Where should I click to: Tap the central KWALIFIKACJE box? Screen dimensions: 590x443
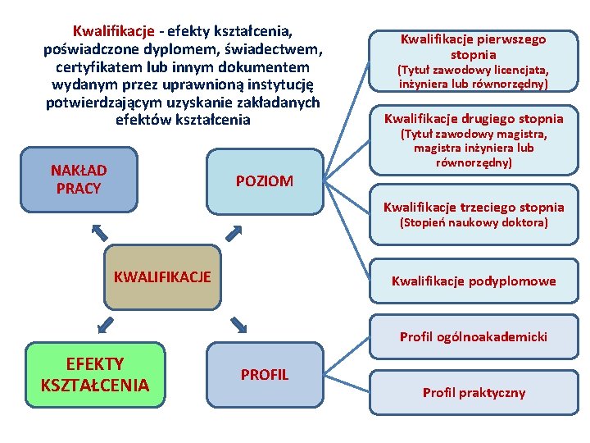[161, 277]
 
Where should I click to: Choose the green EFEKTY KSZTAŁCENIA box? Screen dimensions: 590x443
[95, 375]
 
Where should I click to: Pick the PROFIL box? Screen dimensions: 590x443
[264, 375]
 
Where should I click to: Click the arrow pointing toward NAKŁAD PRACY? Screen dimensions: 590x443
[98, 231]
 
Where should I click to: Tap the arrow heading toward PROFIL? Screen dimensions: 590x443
[238, 325]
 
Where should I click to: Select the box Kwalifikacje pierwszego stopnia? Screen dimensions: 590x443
[473, 61]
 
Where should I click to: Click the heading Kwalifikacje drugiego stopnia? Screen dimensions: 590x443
[474, 118]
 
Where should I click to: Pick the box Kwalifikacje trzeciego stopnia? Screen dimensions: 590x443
[473, 214]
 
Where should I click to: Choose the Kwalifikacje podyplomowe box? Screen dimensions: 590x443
[473, 281]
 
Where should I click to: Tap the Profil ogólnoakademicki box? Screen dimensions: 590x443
[473, 336]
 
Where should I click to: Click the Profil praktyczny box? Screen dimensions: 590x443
[473, 392]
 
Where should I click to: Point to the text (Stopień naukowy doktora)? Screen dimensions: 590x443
[473, 222]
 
